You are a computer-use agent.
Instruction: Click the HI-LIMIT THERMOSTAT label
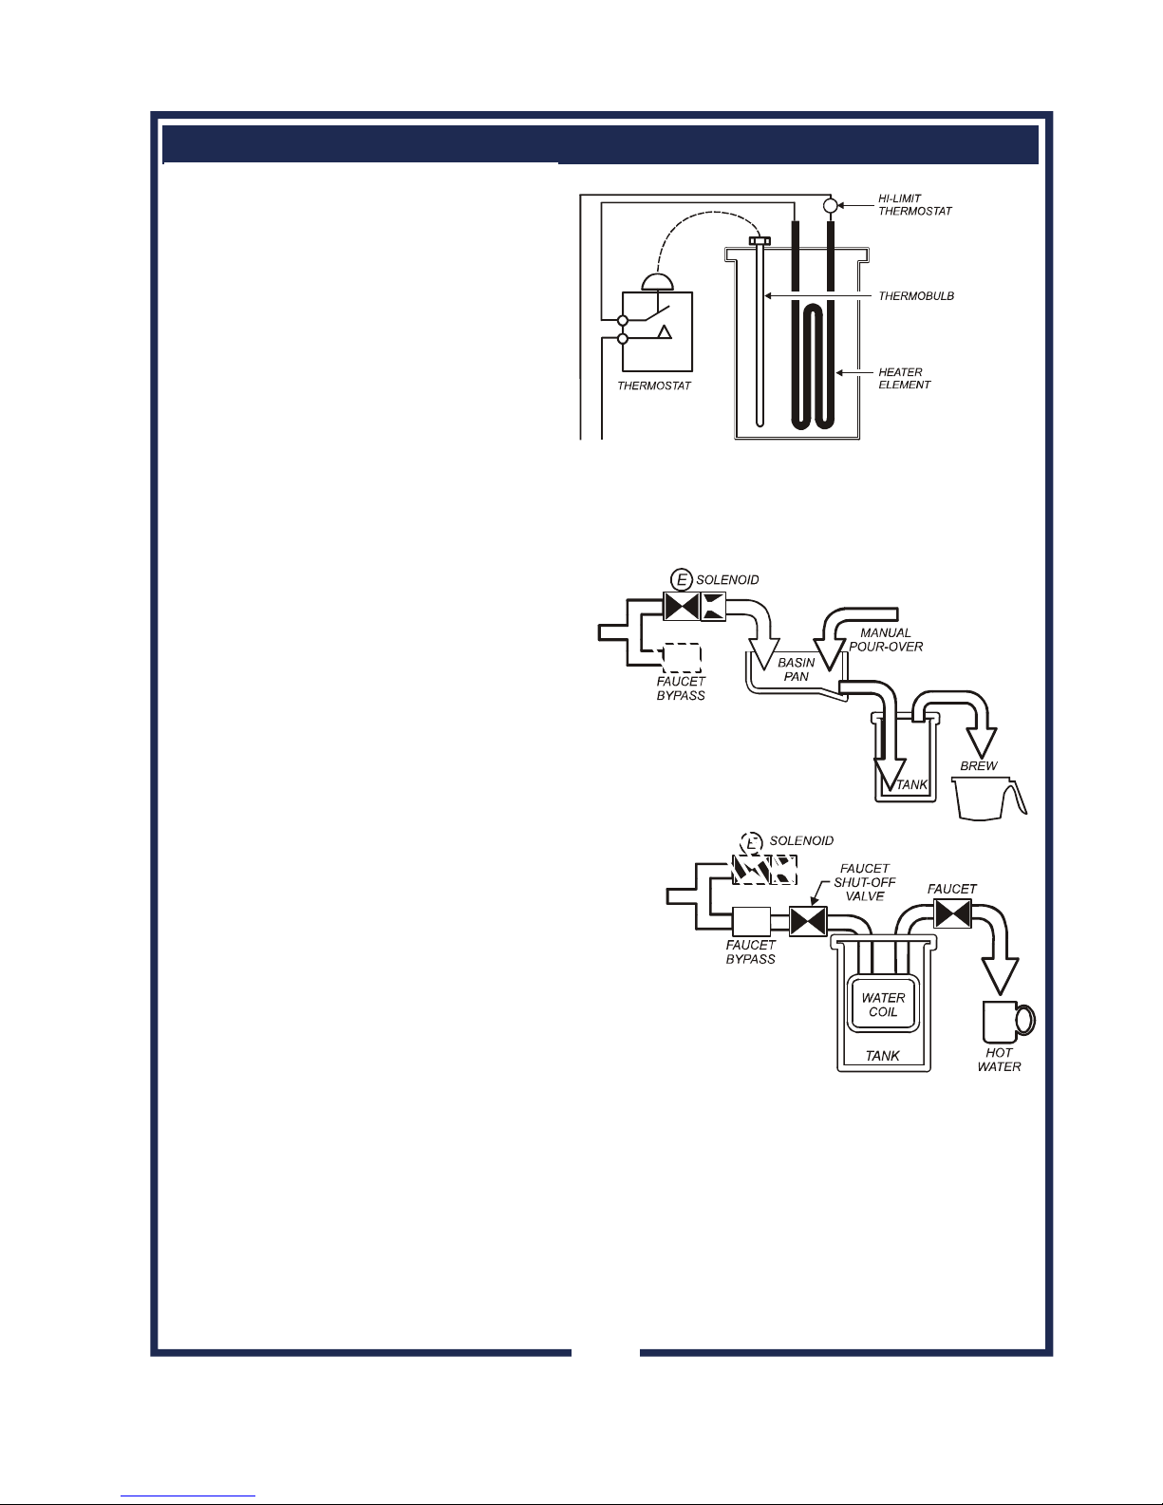point(914,204)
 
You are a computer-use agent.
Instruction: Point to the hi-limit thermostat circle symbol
point(830,206)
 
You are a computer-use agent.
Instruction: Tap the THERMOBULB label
point(916,295)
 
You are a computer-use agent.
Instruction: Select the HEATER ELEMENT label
point(904,378)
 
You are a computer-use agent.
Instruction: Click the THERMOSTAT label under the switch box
point(654,386)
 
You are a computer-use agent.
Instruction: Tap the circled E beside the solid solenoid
point(682,580)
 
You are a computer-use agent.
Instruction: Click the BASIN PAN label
point(797,669)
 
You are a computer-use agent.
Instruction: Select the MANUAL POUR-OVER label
point(886,639)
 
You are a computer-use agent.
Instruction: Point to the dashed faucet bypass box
point(682,658)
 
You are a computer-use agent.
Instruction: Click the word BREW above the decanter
point(978,766)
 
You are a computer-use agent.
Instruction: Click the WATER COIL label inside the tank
point(883,1005)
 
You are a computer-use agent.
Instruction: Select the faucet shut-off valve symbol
point(808,922)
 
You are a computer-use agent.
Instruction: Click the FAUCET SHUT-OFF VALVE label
point(865,882)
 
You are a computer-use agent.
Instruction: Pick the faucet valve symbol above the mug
point(952,912)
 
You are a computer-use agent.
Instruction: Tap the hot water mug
point(1008,1022)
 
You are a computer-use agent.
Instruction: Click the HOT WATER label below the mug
point(999,1060)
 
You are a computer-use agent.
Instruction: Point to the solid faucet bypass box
point(751,921)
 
